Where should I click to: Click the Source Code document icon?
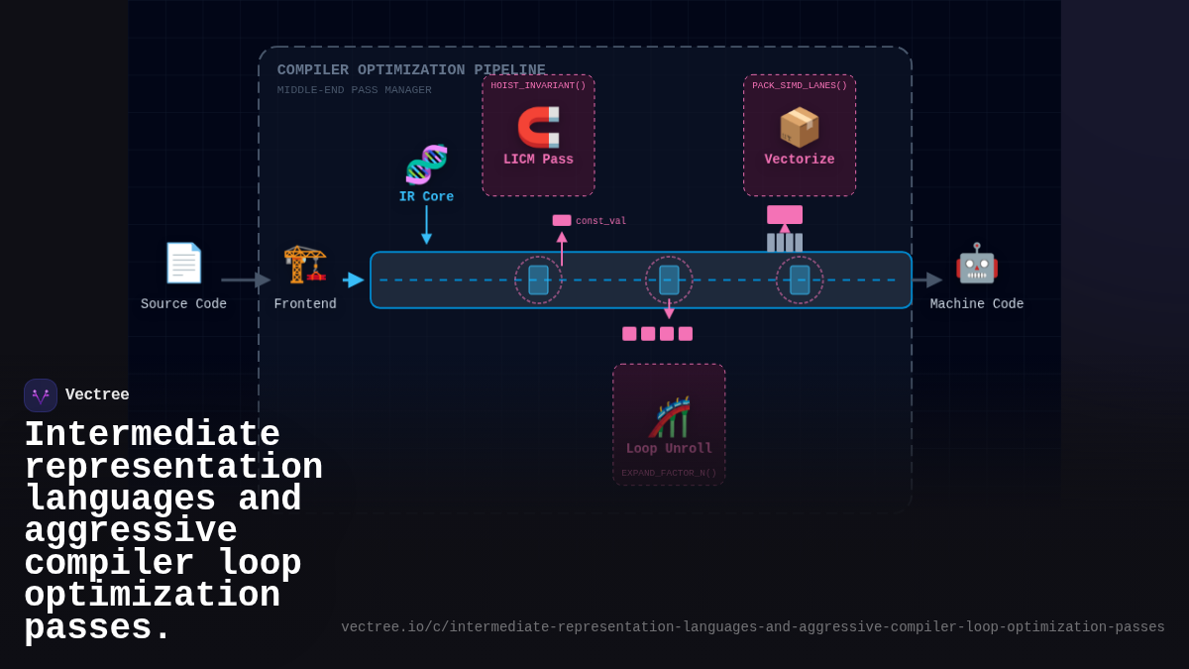click(x=183, y=263)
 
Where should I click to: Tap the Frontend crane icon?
click(x=305, y=263)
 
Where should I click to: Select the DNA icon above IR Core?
click(x=426, y=165)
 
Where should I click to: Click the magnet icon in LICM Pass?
click(x=538, y=127)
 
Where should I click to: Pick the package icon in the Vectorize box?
click(x=800, y=127)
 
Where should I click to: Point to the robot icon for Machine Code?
click(x=977, y=263)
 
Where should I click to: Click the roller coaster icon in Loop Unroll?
click(x=669, y=417)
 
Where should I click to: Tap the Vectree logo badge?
click(x=41, y=395)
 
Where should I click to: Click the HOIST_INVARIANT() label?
click(x=538, y=86)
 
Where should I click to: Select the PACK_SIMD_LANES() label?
click(x=800, y=86)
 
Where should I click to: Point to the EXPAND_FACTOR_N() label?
click(x=669, y=474)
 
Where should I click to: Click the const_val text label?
click(x=600, y=221)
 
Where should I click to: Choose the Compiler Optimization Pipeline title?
click(x=411, y=70)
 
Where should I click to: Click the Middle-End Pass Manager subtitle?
click(x=355, y=90)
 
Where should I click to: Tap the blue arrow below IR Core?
click(x=426, y=225)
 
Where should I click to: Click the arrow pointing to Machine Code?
click(x=927, y=280)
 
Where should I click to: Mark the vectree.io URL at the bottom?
click(x=753, y=627)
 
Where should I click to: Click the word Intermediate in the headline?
click(x=152, y=435)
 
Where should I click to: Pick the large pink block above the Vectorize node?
click(x=785, y=215)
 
